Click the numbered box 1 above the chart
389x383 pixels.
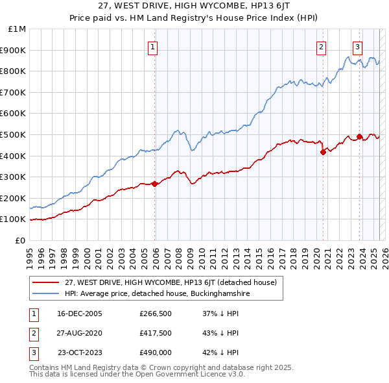152,46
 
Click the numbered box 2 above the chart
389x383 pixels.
321,46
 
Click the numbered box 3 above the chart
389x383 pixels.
357,46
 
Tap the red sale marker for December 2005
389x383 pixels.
155,184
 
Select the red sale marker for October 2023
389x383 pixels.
359,136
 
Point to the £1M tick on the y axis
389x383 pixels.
18,29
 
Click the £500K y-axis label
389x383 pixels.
14,134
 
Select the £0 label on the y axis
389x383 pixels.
20,240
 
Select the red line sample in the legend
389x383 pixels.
45,282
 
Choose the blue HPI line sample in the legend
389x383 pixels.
45,294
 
